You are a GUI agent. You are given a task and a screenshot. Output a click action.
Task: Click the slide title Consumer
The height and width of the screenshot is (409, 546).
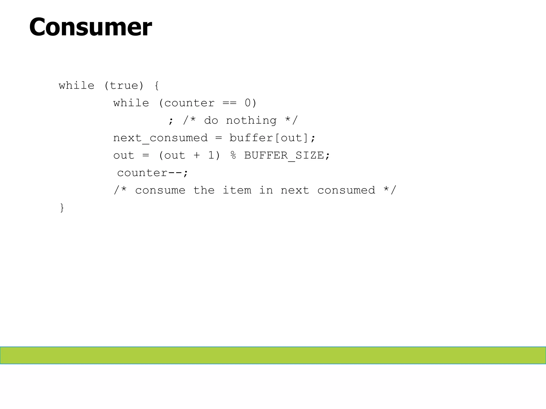pyautogui.click(x=90, y=27)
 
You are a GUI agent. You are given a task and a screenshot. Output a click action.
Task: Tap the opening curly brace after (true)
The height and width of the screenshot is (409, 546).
pyautogui.click(x=156, y=86)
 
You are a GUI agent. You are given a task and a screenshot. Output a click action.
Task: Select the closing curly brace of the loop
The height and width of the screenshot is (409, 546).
pyautogui.click(x=62, y=208)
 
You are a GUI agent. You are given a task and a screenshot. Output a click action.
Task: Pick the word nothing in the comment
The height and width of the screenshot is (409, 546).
pyautogui.click(x=251, y=121)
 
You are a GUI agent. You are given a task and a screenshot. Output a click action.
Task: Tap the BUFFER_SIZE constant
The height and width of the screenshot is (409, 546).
pyautogui.click(x=284, y=156)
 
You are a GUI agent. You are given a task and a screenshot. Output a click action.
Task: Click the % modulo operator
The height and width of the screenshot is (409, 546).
pyautogui.click(x=233, y=156)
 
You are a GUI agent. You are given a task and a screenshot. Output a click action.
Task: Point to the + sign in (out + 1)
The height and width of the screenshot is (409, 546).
pyautogui.click(x=196, y=156)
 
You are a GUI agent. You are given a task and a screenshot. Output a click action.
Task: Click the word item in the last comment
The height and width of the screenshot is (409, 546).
pyautogui.click(x=237, y=190)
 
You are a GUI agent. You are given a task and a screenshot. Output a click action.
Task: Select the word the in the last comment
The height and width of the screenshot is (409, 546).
pyautogui.click(x=204, y=190)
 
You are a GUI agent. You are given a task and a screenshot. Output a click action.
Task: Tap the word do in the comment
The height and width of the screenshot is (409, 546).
pyautogui.click(x=211, y=121)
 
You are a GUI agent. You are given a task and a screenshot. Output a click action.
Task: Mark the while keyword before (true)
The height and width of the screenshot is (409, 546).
pyautogui.click(x=77, y=86)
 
